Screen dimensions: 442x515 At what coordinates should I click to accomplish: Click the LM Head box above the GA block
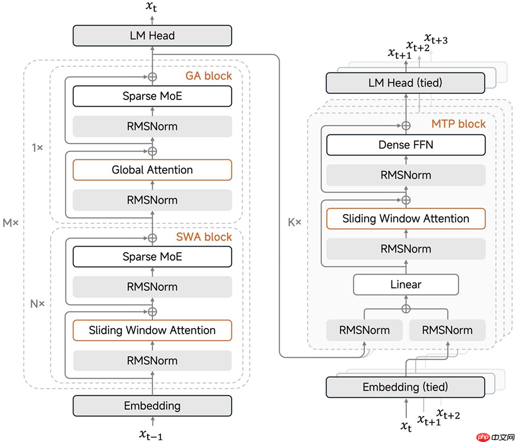coord(152,35)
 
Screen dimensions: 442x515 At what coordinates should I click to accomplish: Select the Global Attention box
coord(152,170)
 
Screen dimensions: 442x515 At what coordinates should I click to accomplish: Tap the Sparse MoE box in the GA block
coord(152,96)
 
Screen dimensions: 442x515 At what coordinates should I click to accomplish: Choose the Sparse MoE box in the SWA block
coord(152,257)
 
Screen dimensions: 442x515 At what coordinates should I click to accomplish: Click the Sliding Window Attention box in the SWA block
coord(152,330)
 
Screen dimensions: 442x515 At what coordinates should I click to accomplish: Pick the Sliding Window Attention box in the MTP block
coord(406,219)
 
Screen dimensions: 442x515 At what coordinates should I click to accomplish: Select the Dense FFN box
coord(406,145)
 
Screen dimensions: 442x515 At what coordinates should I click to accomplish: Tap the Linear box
coord(406,284)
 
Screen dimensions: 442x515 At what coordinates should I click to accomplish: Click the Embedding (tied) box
coord(405,387)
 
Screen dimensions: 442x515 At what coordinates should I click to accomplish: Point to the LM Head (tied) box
coord(405,83)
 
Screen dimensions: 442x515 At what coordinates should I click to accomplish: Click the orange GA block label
coord(209,75)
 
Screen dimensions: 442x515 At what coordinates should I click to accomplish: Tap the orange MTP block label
coord(459,124)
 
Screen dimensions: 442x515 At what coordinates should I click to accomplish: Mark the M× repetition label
coord(10,223)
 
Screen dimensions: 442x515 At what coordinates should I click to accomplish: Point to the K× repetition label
coord(295,222)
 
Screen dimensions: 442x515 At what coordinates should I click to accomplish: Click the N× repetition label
coord(37,304)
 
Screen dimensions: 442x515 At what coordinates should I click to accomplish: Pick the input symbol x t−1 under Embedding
coord(151,434)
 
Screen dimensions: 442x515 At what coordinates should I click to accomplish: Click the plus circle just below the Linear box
coord(406,308)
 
